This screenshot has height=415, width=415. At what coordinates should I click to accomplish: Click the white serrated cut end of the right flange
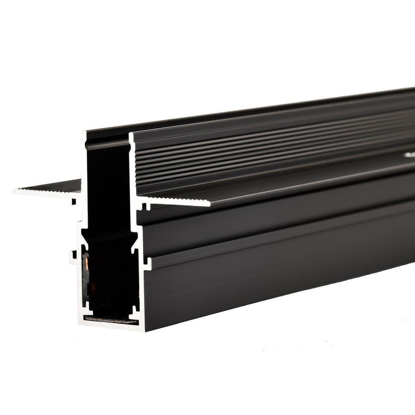click(178, 202)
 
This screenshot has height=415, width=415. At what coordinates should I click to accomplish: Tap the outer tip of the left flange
click(15, 191)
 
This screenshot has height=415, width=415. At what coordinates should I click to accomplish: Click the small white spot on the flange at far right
click(409, 155)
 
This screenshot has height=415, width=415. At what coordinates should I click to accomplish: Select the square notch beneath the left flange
click(73, 202)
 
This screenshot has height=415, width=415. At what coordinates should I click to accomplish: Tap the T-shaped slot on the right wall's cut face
click(146, 261)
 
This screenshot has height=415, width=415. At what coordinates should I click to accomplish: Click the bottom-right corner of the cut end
click(144, 330)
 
